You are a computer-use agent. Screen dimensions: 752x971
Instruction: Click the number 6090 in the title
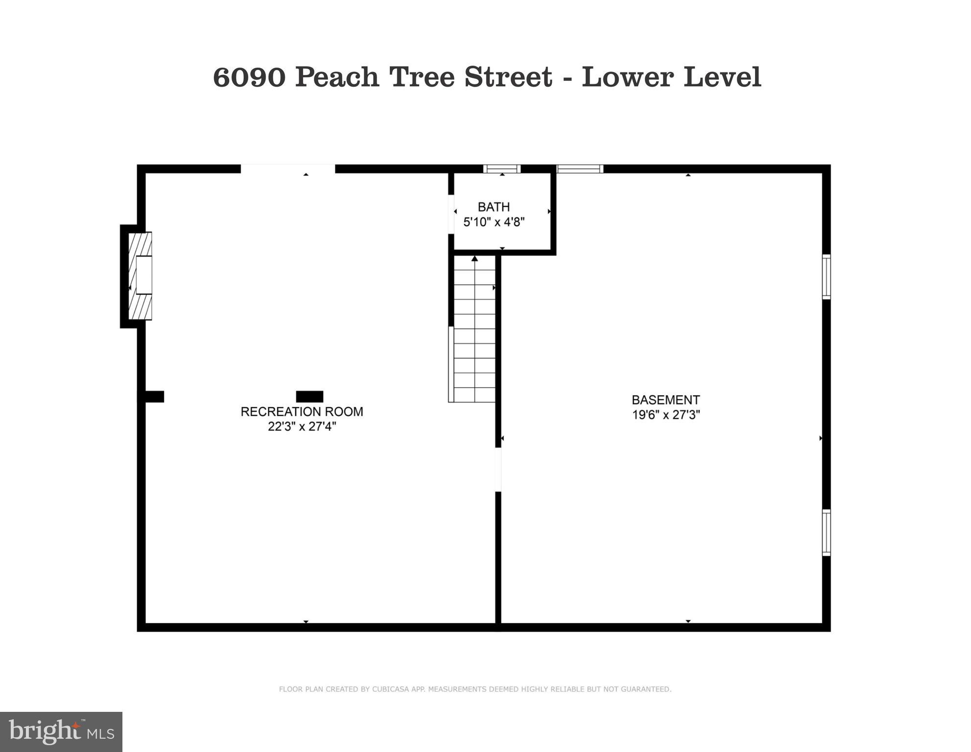tap(249, 77)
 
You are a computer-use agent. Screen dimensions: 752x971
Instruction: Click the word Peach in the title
tap(337, 77)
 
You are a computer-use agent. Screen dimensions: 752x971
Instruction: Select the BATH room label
tap(494, 207)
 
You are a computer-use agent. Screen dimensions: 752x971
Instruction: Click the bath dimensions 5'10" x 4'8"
tap(494, 222)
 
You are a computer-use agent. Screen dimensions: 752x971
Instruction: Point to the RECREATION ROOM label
tap(302, 412)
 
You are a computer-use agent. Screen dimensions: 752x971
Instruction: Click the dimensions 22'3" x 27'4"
tap(302, 426)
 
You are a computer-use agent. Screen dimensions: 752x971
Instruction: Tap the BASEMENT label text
tap(665, 400)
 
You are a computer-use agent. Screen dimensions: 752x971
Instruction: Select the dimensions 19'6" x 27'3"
tap(665, 415)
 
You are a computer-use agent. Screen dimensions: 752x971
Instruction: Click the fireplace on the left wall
tap(140, 276)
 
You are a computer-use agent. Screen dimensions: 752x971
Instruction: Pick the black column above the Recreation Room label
tap(309, 397)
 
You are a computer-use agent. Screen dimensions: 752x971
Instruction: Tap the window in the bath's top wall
tap(502, 169)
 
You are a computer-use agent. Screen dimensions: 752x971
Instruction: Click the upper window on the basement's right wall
tap(826, 277)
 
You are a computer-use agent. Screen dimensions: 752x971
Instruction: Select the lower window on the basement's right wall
tap(826, 532)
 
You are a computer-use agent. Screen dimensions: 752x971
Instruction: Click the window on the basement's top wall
tap(580, 169)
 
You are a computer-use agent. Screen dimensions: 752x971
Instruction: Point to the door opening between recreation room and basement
tap(498, 470)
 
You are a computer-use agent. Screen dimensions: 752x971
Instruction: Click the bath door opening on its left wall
tap(451, 214)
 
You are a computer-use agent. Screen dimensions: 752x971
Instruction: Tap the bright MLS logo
tap(61, 731)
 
